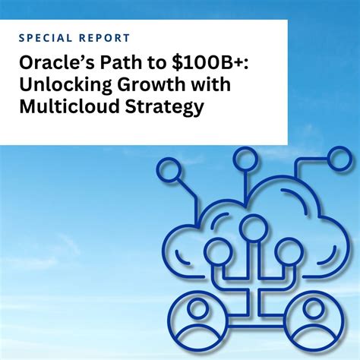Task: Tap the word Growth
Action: (153, 85)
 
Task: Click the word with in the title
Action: (211, 85)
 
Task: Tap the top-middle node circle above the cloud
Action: (245, 158)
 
